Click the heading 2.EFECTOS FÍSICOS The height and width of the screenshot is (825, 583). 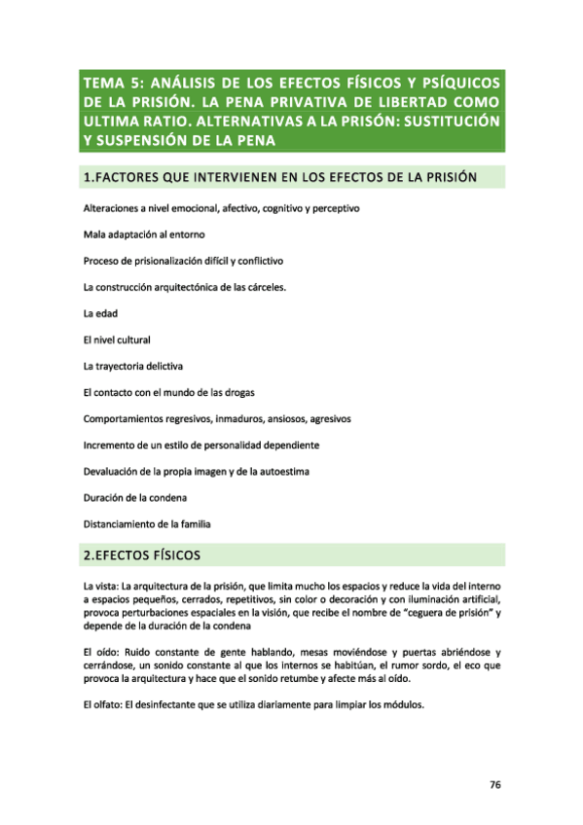click(142, 556)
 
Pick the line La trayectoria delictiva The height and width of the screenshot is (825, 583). click(132, 366)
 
